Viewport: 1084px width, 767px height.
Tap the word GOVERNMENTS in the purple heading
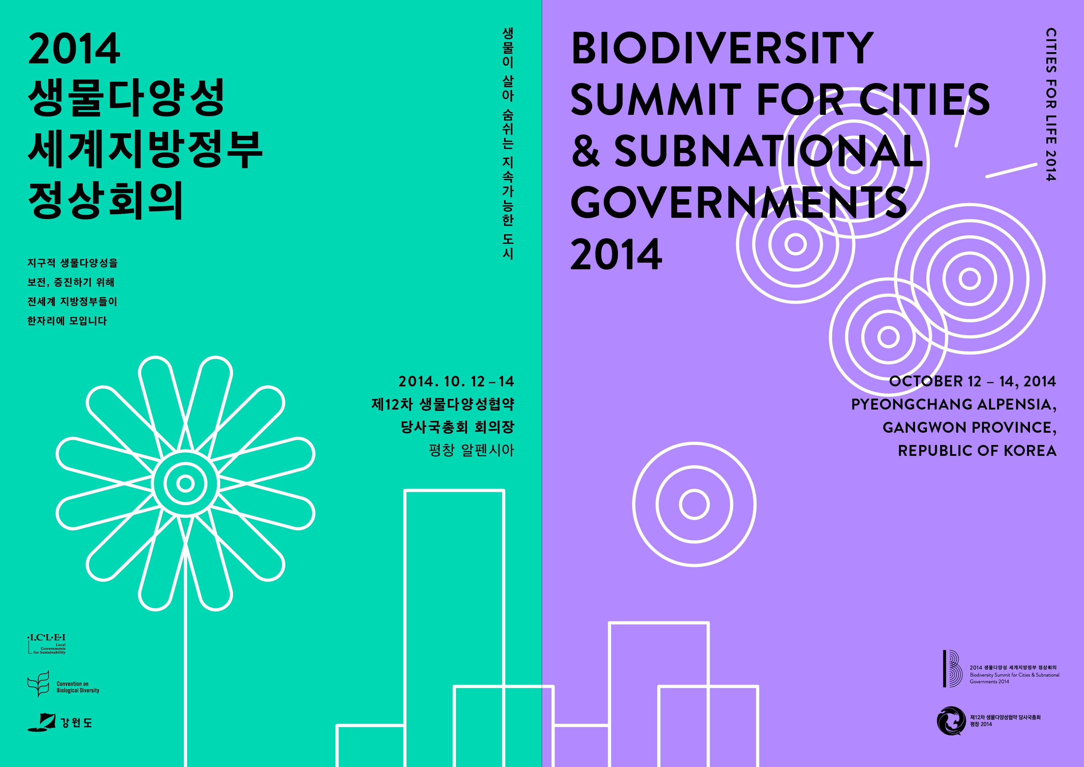[x=739, y=202]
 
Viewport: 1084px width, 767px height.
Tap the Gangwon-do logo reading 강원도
[x=60, y=722]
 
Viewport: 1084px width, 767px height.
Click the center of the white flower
[x=185, y=483]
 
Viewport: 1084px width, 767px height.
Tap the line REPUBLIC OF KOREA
[x=977, y=450]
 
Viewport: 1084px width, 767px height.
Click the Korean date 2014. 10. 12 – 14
[x=456, y=381]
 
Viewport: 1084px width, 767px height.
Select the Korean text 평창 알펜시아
[x=471, y=450]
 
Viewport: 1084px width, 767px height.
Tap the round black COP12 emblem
[x=951, y=721]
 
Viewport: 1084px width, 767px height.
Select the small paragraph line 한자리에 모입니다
[x=67, y=321]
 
